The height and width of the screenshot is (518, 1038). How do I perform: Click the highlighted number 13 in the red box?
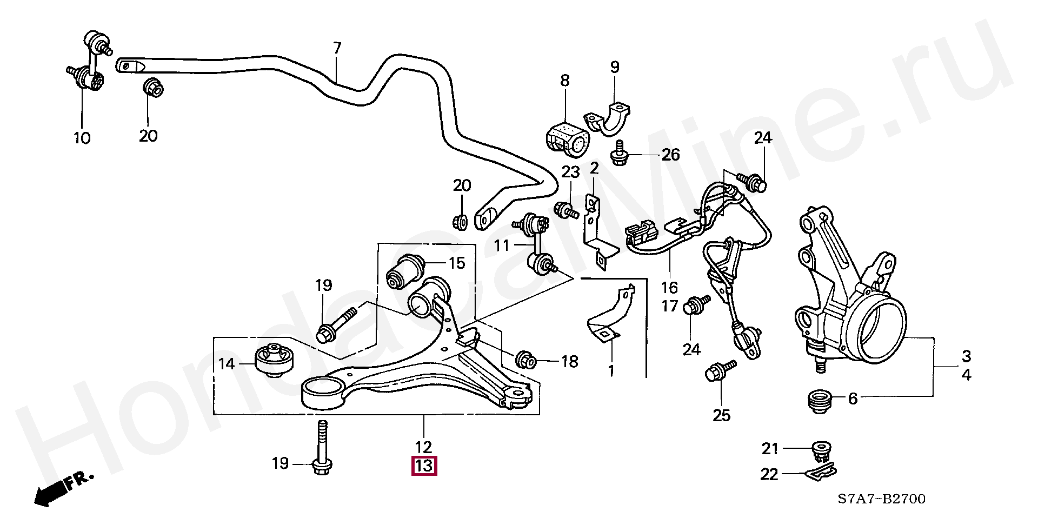(x=424, y=466)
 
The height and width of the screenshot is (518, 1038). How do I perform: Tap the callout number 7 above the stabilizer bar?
(x=337, y=48)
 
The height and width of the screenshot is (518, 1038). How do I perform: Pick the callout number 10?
(x=82, y=138)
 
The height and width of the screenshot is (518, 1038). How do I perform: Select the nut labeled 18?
(x=525, y=360)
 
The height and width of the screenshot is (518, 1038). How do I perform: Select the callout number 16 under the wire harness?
(x=669, y=288)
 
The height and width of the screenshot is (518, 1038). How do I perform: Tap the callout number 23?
(x=571, y=172)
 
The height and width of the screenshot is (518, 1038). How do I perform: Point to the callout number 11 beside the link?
(x=502, y=246)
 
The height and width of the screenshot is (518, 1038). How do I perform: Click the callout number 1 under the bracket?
(x=611, y=371)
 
